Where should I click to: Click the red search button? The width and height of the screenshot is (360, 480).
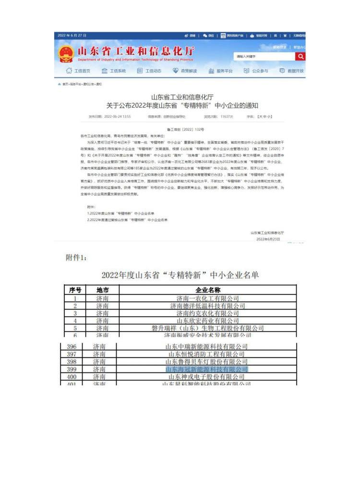point(300,56)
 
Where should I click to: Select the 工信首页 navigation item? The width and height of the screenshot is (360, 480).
point(78,71)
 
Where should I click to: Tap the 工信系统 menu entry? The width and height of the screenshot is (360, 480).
point(114,71)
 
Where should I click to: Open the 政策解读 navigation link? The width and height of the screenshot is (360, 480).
point(184,71)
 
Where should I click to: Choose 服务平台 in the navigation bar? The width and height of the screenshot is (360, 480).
point(221,71)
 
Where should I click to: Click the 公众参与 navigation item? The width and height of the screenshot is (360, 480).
point(256,71)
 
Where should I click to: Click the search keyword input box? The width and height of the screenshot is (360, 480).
point(264,56)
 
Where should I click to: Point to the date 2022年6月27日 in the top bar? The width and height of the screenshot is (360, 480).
point(72,36)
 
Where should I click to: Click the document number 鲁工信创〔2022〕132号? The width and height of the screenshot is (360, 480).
point(185,129)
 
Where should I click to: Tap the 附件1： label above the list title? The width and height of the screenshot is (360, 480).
point(76,258)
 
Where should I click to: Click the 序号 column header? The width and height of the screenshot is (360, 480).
point(75,290)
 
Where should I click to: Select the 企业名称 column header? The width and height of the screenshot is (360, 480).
point(208,290)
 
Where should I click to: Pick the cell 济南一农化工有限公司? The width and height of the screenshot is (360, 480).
point(208,298)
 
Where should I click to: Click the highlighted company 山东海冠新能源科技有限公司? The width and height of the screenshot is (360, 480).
point(206,369)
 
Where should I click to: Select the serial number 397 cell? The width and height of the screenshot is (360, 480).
point(72,354)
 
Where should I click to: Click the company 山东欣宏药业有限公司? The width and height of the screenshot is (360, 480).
point(208,320)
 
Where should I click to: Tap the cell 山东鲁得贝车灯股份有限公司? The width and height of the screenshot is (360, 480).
point(206,362)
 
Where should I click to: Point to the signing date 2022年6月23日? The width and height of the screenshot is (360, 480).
point(268,239)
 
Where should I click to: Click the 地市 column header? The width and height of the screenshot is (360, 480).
point(102,290)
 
